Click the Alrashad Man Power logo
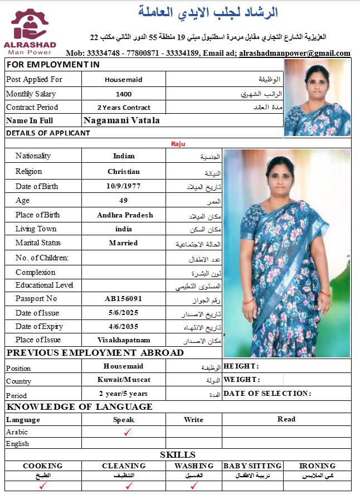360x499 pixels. [35, 30]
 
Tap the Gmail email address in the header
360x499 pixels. [295, 54]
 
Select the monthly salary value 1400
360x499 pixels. [124, 94]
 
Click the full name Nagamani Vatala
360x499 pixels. [121, 120]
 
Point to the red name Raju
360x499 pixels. [178, 144]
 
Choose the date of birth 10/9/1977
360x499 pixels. [124, 186]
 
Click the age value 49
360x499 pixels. [124, 201]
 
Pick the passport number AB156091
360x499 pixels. [124, 299]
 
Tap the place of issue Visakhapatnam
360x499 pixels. [124, 340]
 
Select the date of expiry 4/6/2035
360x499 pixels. [124, 326]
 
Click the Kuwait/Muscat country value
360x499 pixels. [124, 380]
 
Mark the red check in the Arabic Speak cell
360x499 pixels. [128, 432]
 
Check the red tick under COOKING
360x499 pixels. [42, 486]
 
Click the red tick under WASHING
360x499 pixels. [194, 486]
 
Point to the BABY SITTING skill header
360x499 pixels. [252, 466]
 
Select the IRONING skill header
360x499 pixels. [317, 466]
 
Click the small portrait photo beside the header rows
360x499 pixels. [318, 98]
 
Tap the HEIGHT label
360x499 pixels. [241, 366]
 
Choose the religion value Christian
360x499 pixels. [124, 172]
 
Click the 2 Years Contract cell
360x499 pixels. [124, 108]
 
